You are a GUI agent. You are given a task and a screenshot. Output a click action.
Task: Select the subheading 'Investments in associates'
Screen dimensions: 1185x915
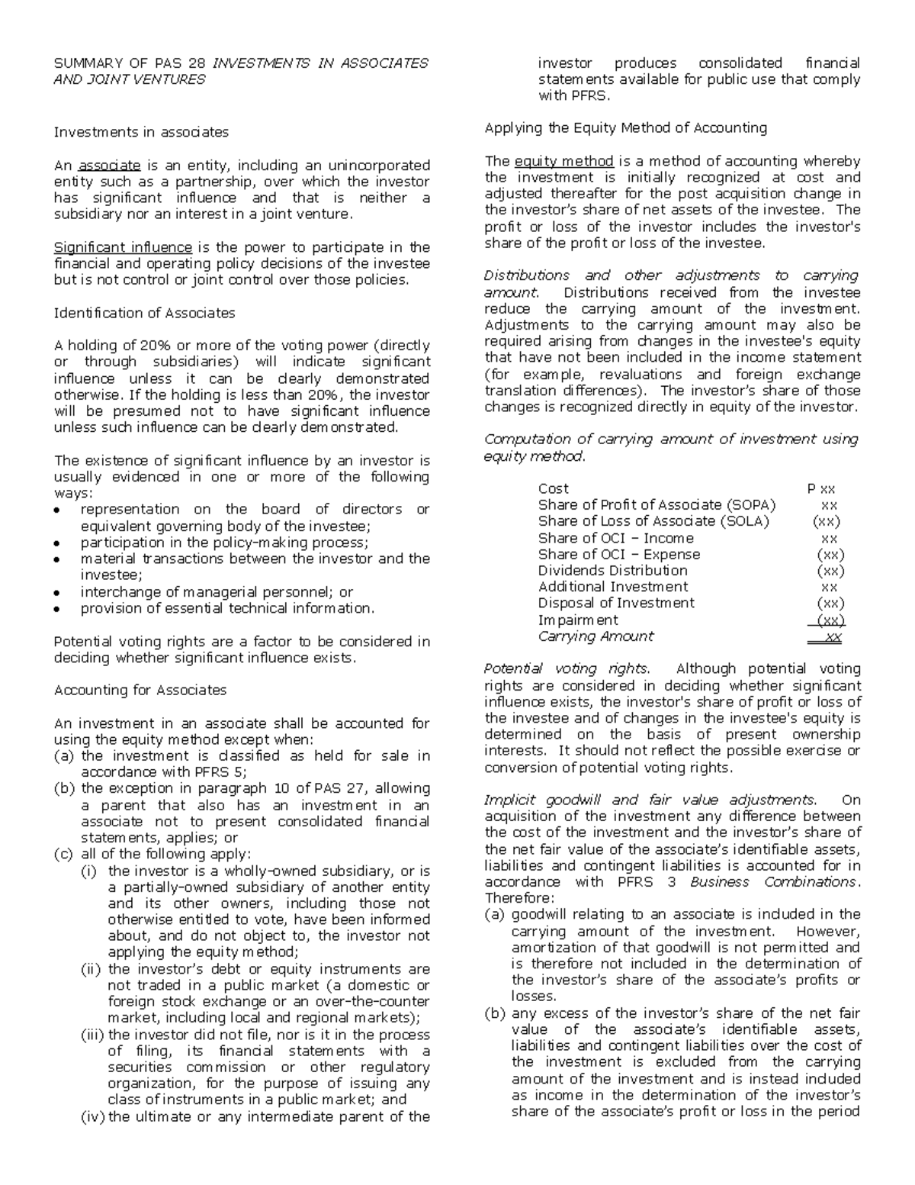141,132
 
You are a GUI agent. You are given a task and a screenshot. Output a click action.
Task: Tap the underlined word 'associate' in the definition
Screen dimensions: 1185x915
109,166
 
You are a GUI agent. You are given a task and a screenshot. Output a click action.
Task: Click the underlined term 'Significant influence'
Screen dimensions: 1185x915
123,247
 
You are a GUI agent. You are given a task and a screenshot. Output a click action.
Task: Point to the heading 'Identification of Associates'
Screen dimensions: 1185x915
144,313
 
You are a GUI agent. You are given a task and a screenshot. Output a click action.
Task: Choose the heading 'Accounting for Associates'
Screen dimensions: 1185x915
140,690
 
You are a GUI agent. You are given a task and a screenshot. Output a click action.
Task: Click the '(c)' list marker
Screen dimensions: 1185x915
63,854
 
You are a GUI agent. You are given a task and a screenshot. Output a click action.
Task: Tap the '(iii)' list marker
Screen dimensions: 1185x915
93,1035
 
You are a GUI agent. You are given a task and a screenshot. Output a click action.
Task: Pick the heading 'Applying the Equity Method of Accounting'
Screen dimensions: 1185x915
625,127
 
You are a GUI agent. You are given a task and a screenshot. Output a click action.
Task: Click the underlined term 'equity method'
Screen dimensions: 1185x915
564,161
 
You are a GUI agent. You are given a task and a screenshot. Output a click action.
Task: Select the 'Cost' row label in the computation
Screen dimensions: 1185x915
553,488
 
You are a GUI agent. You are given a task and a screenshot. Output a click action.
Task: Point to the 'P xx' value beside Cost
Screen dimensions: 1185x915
821,488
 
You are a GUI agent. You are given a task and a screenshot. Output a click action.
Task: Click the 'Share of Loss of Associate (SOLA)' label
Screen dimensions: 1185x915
653,521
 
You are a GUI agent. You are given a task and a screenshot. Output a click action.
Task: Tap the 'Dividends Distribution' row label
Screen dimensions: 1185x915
612,571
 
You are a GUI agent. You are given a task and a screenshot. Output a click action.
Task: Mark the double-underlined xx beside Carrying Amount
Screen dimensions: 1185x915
833,637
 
